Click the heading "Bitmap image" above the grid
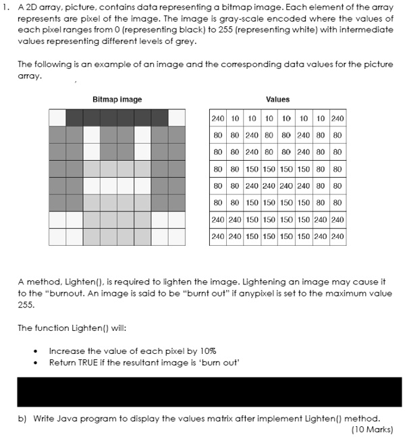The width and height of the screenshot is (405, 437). pos(117,99)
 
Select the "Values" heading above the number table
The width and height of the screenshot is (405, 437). pos(277,99)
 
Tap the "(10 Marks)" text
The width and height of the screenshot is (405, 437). pos(372,429)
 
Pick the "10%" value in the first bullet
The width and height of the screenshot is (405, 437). pos(207,351)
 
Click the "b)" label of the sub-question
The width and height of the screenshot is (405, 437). pos(22,417)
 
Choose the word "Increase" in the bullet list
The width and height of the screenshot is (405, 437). pos(65,351)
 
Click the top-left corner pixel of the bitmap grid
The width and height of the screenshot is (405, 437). pos(57,118)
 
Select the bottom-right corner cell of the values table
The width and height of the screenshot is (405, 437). pos(337,236)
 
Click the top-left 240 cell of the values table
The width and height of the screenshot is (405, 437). pos(217,118)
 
